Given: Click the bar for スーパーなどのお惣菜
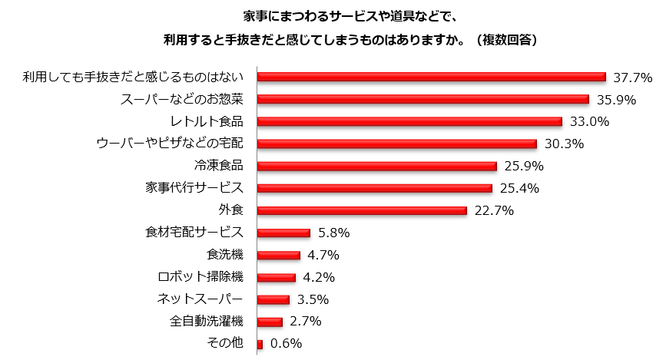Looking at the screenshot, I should tap(422, 99).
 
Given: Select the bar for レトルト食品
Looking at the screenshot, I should tap(409, 121).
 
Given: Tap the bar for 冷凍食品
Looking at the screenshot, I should tap(376, 166).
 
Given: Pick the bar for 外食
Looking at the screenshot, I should tap(362, 210).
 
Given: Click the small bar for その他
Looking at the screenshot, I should tap(260, 344).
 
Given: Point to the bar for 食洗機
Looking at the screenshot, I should tap(278, 255).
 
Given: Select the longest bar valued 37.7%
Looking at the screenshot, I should tap(432, 77).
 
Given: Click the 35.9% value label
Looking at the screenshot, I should tap(615, 100).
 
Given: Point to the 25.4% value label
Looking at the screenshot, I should tap(519, 189).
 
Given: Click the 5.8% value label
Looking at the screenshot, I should tap(334, 233).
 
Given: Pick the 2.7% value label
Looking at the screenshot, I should tap(305, 322).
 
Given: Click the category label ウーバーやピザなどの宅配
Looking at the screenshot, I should tap(170, 144).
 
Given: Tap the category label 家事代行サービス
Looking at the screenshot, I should tap(194, 188).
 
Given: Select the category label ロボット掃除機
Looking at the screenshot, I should tap(200, 277).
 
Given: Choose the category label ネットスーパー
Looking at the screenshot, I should tap(200, 299).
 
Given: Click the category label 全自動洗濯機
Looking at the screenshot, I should tap(206, 322).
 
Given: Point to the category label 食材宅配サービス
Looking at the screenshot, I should tap(194, 233).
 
